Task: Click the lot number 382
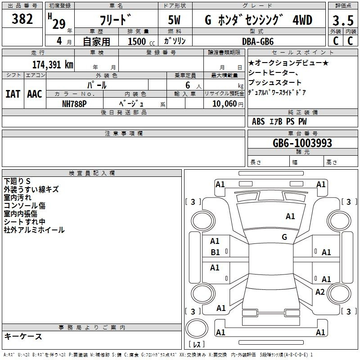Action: [x=22, y=19]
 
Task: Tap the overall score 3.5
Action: [x=343, y=20]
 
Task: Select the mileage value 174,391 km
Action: [x=53, y=65]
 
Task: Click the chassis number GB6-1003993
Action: [x=302, y=143]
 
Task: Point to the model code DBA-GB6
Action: [x=258, y=41]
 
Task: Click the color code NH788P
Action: [x=74, y=104]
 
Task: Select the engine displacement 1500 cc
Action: [x=141, y=41]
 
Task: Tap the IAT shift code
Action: [x=13, y=94]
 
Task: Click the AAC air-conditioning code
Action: [x=35, y=94]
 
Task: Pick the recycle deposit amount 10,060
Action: [x=225, y=103]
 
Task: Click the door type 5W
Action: [x=174, y=20]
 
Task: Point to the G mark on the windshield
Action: [x=284, y=237]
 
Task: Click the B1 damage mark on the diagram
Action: [x=216, y=252]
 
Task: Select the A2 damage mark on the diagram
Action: [x=320, y=292]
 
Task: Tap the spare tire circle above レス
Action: [x=197, y=328]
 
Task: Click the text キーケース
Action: [x=23, y=336]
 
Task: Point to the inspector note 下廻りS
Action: [x=17, y=181]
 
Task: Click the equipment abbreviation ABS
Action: [x=258, y=121]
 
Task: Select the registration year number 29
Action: [x=59, y=24]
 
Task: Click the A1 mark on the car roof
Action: [x=290, y=216]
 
